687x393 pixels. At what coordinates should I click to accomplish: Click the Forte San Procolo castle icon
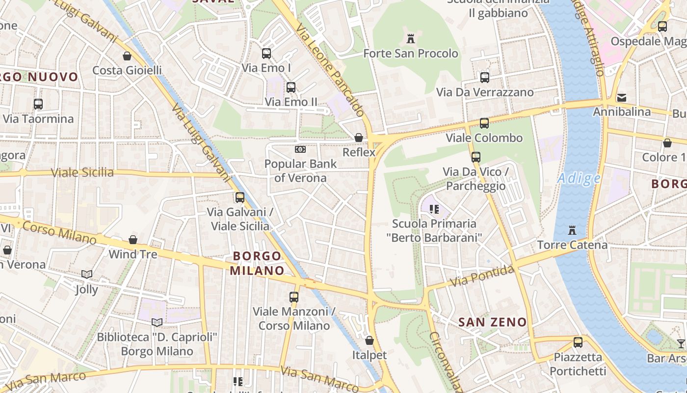[411, 38]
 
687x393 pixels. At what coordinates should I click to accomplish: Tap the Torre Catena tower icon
[572, 230]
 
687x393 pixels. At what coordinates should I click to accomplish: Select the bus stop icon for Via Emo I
[266, 54]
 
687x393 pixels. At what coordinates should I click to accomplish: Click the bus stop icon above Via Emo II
[291, 87]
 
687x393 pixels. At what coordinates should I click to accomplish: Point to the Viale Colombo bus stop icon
[484, 123]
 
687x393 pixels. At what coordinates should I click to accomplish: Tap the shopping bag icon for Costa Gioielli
[127, 56]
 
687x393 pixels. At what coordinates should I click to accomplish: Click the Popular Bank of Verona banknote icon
[300, 149]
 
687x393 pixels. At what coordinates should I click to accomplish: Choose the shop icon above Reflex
[359, 138]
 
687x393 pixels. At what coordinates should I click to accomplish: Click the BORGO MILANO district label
[257, 263]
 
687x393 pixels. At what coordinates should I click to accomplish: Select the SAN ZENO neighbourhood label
[492, 322]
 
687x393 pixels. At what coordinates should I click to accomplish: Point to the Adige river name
[579, 178]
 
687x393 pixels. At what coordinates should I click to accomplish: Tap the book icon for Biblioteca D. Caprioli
[157, 322]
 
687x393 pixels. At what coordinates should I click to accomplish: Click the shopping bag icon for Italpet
[370, 340]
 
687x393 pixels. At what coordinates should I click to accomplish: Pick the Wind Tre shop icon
[133, 240]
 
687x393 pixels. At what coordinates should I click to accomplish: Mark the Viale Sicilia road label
[82, 172]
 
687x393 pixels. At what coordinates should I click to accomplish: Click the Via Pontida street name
[482, 277]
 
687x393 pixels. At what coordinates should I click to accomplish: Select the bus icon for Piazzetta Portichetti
[578, 342]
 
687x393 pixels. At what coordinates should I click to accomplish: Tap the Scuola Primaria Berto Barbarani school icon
[434, 209]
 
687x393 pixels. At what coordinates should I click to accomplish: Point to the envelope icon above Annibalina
[622, 97]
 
